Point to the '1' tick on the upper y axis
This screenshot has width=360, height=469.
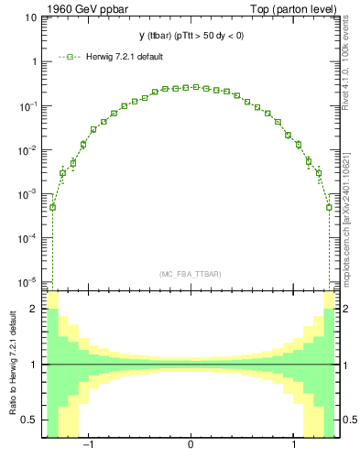click(x=34, y=62)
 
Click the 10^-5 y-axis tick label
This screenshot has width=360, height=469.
click(x=28, y=281)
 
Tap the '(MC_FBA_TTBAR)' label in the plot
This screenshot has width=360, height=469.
click(x=191, y=274)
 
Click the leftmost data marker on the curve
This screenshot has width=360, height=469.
click(x=52, y=207)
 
